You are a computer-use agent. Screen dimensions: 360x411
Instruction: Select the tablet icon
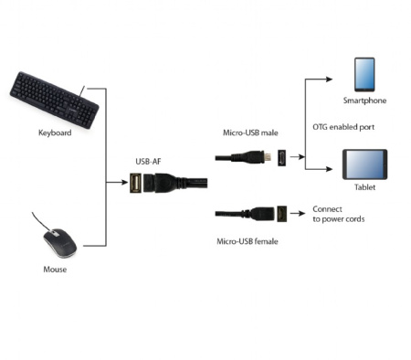click(364, 165)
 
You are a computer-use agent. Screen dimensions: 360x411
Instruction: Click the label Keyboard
click(54, 132)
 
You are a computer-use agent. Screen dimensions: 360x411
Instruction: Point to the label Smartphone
click(364, 101)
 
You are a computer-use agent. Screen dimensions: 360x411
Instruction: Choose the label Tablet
click(364, 187)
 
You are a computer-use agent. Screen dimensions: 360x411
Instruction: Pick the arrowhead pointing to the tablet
click(332, 167)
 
